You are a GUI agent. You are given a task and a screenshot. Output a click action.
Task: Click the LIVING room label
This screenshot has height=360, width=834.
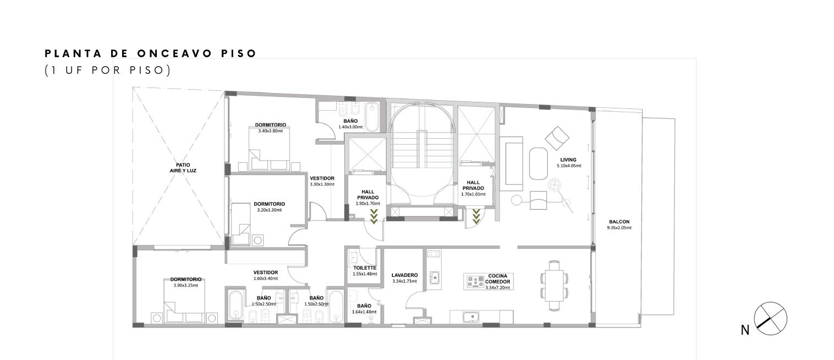click(x=568, y=160)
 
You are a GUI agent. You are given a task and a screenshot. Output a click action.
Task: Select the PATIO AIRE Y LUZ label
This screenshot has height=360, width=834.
click(x=183, y=168)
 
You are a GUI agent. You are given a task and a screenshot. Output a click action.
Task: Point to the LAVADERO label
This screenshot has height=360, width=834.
click(x=404, y=275)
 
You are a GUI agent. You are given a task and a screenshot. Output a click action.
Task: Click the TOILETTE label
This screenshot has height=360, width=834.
click(x=365, y=268)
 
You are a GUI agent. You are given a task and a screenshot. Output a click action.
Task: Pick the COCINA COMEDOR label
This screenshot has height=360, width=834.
click(x=497, y=279)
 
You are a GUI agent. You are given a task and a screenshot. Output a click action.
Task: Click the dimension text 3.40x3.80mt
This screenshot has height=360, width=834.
click(x=270, y=131)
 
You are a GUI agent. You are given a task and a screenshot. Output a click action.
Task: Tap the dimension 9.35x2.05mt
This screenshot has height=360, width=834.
click(x=619, y=228)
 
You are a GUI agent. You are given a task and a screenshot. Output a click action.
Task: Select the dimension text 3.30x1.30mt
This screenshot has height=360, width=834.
click(x=322, y=184)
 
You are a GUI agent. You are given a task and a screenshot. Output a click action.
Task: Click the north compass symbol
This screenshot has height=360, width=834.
click(x=770, y=318)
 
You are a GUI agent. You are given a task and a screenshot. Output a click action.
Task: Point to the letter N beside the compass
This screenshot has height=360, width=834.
click(x=745, y=330)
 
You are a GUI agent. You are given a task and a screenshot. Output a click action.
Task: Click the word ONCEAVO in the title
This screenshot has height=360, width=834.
click(x=175, y=53)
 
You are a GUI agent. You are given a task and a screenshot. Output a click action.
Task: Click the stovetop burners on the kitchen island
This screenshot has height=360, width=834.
click(x=475, y=282)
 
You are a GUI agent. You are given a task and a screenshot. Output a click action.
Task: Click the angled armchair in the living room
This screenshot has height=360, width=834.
click(x=557, y=138)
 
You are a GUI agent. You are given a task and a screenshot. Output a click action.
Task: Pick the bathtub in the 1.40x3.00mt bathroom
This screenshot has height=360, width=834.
click(x=372, y=117)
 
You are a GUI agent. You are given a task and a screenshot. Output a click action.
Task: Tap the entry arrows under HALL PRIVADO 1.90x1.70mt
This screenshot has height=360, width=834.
click(x=374, y=216)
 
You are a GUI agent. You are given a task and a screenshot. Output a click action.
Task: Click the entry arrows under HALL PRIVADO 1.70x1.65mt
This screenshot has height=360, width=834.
click(x=476, y=216)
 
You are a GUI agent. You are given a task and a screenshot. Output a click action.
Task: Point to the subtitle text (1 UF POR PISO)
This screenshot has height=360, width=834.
click(x=108, y=70)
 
